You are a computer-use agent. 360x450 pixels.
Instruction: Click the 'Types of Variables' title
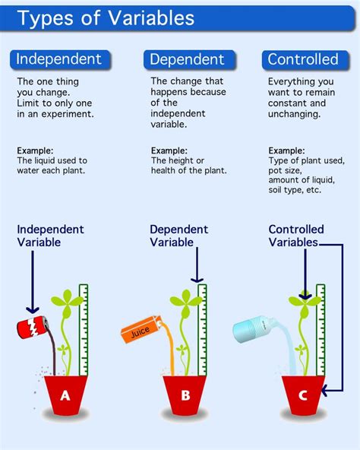pos(106,18)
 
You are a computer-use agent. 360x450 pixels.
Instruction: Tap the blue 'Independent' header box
pos(59,59)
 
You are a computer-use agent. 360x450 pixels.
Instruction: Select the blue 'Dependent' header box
pos(187,59)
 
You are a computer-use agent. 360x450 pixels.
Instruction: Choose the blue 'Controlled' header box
pos(303,59)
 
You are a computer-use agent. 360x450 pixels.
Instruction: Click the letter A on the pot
pos(65,395)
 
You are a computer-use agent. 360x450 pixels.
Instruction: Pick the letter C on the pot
pos(303,395)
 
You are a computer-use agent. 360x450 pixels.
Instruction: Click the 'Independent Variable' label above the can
pos(50,236)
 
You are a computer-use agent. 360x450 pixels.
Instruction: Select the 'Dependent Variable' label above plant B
pos(179,236)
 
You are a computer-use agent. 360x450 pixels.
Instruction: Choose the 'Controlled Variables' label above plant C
pos(295,236)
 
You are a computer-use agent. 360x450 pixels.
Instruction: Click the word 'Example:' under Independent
pos(35,151)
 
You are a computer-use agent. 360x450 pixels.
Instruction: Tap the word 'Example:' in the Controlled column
pos(287,151)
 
